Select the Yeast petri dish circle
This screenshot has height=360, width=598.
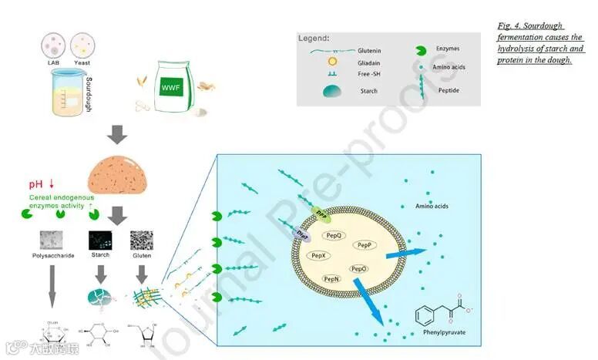(82, 43)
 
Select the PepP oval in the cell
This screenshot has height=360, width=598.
(365, 244)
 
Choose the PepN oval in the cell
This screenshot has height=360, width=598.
(331, 278)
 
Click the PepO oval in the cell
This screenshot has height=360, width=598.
(358, 269)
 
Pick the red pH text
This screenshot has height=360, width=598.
(38, 184)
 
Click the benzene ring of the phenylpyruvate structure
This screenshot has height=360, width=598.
(425, 315)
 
